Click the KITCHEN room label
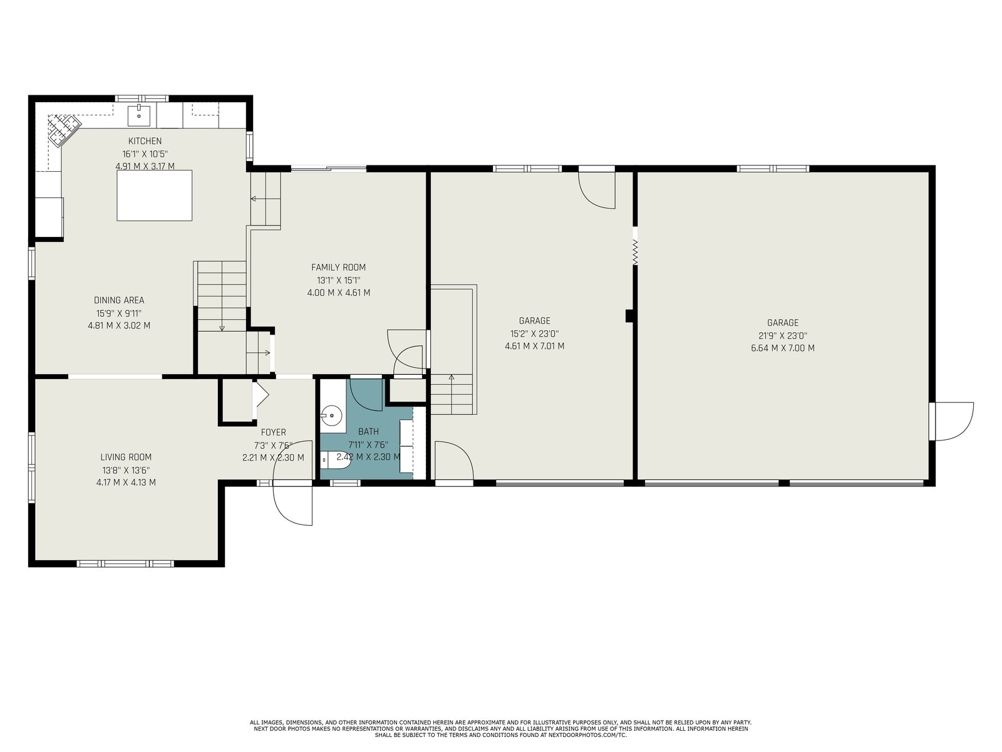pyautogui.click(x=145, y=141)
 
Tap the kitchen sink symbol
pyautogui.click(x=139, y=115)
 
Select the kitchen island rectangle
pyautogui.click(x=154, y=196)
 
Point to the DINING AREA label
pyautogui.click(x=119, y=300)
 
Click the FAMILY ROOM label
pyautogui.click(x=338, y=267)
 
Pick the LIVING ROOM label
pyautogui.click(x=126, y=457)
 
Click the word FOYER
pyautogui.click(x=274, y=432)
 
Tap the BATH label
pyautogui.click(x=368, y=431)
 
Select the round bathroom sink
pyautogui.click(x=331, y=415)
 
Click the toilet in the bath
pyautogui.click(x=336, y=460)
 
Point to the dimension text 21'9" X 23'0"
pyautogui.click(x=783, y=336)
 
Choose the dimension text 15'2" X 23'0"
pyautogui.click(x=535, y=334)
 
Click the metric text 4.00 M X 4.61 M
pyautogui.click(x=339, y=293)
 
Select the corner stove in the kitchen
pyautogui.click(x=64, y=130)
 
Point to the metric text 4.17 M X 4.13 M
pyautogui.click(x=126, y=482)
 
